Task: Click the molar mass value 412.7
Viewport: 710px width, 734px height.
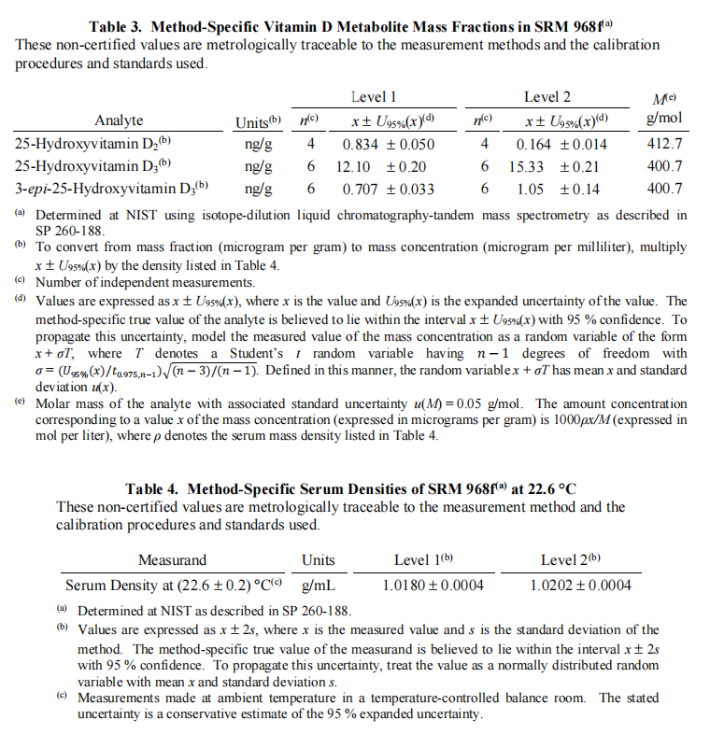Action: (x=664, y=144)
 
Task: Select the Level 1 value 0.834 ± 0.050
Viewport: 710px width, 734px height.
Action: (x=388, y=144)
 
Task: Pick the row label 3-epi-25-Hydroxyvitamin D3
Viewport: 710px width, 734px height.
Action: (x=112, y=189)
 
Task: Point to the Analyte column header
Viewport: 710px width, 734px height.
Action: (x=119, y=120)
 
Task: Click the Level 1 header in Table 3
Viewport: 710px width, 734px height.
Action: (x=374, y=97)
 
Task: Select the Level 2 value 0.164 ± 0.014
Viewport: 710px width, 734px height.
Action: (x=561, y=144)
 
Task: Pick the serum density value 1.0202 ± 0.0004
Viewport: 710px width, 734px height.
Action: (x=580, y=586)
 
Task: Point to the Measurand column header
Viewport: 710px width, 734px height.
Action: (x=172, y=560)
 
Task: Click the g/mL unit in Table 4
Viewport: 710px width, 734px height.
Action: (x=319, y=586)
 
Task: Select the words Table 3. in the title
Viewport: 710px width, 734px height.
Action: (x=119, y=26)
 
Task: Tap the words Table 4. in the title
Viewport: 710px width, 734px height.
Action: (x=155, y=488)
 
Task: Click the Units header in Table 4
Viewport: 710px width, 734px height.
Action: (x=319, y=560)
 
